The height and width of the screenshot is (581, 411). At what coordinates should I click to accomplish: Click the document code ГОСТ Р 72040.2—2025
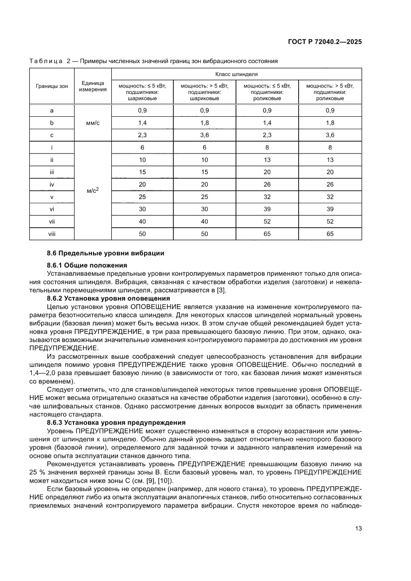(324, 42)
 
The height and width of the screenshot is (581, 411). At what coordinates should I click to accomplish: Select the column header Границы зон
(52, 86)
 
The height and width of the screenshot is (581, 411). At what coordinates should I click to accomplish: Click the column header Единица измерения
(92, 86)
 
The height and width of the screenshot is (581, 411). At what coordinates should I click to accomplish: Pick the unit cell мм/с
(92, 122)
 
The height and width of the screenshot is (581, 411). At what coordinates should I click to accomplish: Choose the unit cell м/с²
(92, 191)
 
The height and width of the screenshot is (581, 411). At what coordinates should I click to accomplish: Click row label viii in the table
(52, 234)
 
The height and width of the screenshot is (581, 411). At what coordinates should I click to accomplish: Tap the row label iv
(52, 184)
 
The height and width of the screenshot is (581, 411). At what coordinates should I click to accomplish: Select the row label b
(52, 122)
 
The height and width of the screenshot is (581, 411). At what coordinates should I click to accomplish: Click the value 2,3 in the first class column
(142, 135)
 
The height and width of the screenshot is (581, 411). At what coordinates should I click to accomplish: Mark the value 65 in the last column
(330, 234)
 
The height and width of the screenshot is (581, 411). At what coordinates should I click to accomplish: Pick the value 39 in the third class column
(267, 209)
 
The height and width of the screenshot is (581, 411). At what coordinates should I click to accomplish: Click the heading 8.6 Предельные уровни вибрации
(105, 253)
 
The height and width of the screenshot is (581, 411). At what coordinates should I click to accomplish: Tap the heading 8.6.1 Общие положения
(87, 265)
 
